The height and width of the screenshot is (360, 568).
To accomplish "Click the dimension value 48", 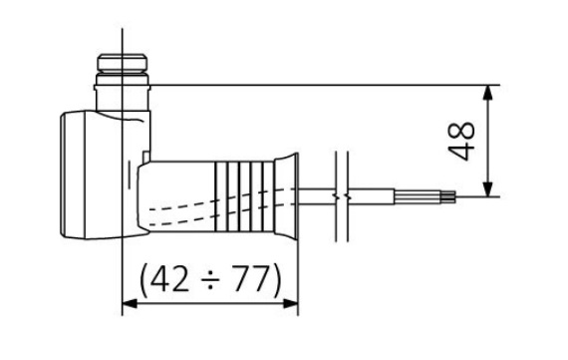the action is (x=461, y=141).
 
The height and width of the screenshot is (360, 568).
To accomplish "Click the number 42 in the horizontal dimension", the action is (x=169, y=278).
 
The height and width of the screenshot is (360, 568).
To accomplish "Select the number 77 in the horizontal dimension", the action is (x=252, y=278).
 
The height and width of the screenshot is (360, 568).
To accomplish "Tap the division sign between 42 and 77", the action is (x=211, y=280).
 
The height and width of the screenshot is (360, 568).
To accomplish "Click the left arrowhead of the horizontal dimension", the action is (x=130, y=304).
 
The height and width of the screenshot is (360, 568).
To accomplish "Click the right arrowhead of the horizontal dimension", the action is (x=291, y=304).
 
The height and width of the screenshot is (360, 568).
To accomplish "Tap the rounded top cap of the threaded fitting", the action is (x=123, y=62).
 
